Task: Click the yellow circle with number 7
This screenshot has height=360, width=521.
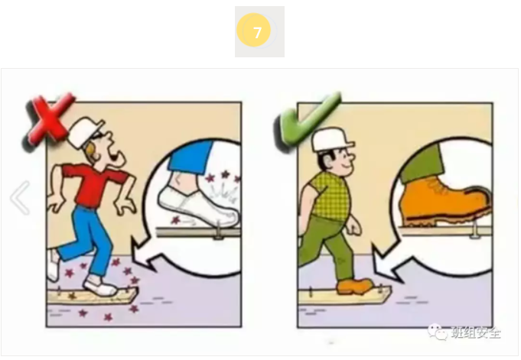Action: click(259, 32)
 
